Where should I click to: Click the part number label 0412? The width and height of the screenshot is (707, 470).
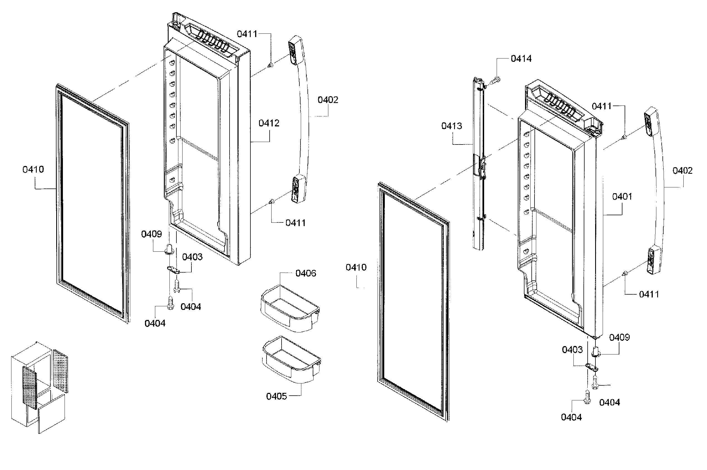click(x=268, y=123)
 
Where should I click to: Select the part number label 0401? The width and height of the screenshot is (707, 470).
click(x=622, y=197)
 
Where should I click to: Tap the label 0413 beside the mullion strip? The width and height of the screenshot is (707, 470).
click(x=451, y=126)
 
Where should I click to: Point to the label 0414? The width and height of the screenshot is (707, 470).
click(x=521, y=59)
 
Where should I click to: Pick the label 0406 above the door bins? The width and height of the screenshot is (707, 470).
click(x=306, y=273)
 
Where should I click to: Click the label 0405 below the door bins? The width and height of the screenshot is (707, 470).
click(x=276, y=396)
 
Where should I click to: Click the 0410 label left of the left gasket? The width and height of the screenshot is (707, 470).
click(x=33, y=170)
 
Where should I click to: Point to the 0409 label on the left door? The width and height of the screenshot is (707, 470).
click(x=151, y=234)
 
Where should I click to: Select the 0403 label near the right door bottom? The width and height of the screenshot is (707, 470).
click(x=572, y=350)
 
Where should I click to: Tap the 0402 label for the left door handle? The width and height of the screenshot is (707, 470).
click(x=327, y=100)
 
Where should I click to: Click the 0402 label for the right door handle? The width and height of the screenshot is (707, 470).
click(x=683, y=171)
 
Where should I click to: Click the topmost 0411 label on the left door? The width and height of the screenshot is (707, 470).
click(x=247, y=34)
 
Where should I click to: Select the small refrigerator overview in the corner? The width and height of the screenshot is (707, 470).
click(x=39, y=387)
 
